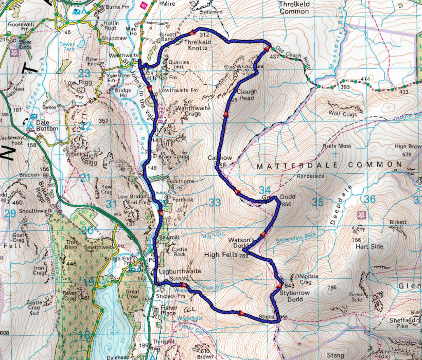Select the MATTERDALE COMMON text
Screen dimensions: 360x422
[x=329, y=165]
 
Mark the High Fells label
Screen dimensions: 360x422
[x=221, y=255]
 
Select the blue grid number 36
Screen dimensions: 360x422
[x=369, y=199]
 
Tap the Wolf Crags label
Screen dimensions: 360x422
[x=342, y=114]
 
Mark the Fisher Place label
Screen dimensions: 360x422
[x=169, y=311]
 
